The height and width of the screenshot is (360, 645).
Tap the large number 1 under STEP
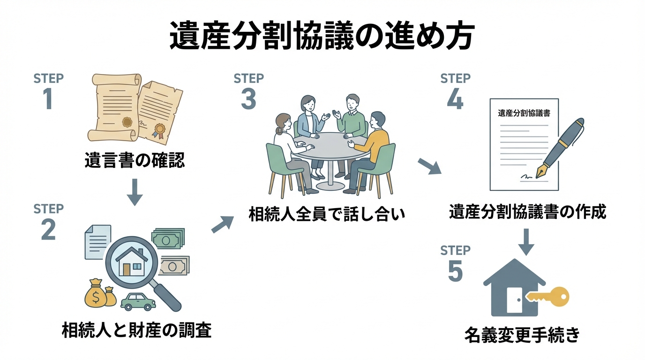click(x=48, y=98)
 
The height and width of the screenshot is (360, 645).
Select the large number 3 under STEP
click(x=248, y=98)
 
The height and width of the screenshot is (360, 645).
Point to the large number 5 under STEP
click(x=455, y=271)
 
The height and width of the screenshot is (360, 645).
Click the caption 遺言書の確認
click(x=135, y=161)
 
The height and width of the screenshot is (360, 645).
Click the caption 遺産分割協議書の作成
click(x=527, y=212)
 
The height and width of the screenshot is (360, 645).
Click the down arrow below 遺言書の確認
click(x=135, y=191)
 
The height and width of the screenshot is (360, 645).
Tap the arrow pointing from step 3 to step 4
click(x=429, y=166)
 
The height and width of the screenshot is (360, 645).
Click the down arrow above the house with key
click(x=526, y=241)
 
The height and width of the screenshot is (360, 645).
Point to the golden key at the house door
click(x=548, y=297)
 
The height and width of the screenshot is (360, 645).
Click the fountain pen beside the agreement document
click(x=564, y=148)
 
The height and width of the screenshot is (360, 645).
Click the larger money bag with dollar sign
click(x=96, y=295)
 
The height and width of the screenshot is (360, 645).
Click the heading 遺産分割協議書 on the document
click(x=524, y=113)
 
